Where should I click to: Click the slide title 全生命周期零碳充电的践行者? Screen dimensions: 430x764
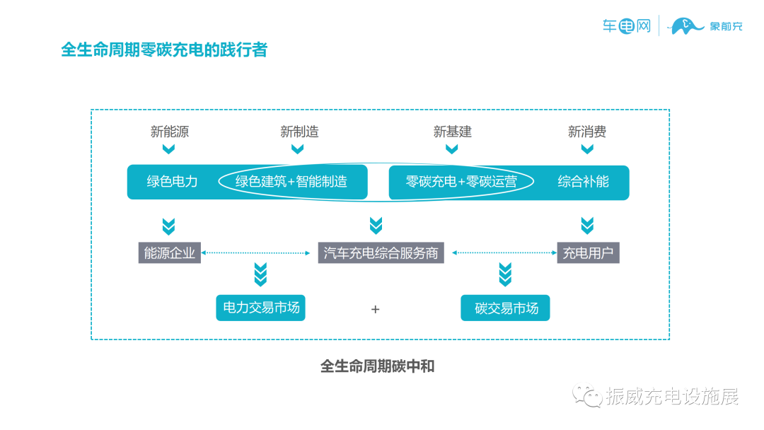pos(164,50)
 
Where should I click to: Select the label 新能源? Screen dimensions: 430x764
pos(169,132)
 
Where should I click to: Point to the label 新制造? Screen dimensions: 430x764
pos(299,132)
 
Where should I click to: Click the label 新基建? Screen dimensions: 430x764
pos(452,132)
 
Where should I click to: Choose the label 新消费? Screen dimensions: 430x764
pos(586,132)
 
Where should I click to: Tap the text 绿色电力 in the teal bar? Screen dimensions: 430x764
pos(172,182)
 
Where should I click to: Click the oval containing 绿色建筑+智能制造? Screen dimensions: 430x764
pos(291,182)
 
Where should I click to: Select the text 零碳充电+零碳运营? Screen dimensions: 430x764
pos(461,182)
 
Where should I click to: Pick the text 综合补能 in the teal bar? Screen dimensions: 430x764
pos(583,182)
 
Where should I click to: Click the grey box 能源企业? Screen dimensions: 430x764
pos(169,252)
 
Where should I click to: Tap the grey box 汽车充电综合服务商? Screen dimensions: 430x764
pos(381,252)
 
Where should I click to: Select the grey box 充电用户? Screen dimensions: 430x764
pos(587,252)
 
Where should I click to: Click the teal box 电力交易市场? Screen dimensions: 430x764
pos(260,308)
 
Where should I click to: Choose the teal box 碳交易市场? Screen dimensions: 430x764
pos(505,308)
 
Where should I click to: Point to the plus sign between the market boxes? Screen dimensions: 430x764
pos(376,309)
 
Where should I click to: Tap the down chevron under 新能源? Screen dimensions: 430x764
pos(168,149)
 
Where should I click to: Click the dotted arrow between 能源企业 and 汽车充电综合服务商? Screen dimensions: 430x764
pos(259,252)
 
